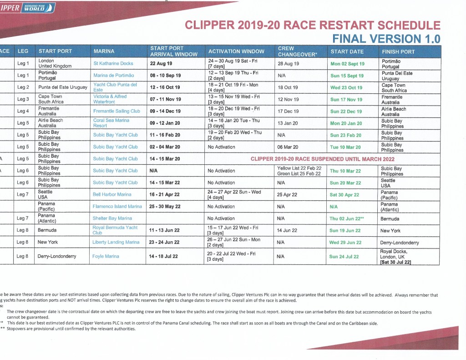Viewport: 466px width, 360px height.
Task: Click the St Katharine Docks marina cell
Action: [113, 64]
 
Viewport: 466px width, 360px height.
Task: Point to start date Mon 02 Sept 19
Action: [347, 64]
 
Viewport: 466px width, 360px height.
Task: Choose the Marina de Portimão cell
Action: [114, 76]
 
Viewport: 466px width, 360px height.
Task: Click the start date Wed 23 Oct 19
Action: [346, 87]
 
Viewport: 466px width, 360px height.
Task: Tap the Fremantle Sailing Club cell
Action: [116, 111]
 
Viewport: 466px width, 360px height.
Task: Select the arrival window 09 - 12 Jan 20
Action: [165, 123]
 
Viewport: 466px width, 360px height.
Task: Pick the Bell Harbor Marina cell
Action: [112, 194]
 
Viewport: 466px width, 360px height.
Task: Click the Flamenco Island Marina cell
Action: [117, 206]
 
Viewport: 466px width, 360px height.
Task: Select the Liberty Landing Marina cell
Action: [116, 242]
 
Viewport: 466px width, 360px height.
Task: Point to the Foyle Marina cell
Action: [106, 256]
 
